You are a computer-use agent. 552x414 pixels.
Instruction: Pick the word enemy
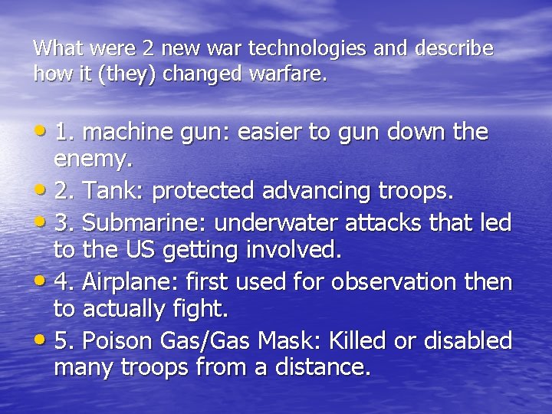click(94, 161)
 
